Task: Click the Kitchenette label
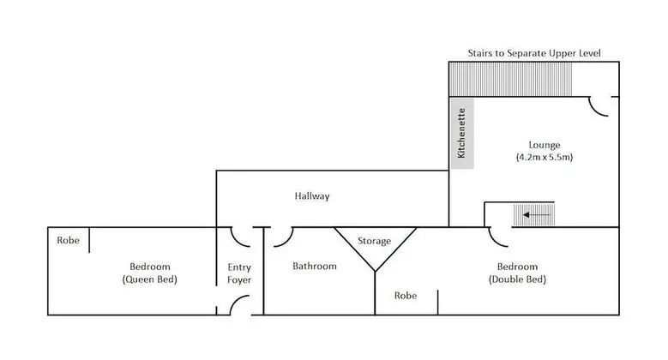tap(461, 133)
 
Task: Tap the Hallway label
tap(312, 196)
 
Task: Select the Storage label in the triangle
tap(374, 241)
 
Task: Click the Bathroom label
tap(315, 267)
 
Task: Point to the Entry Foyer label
tap(239, 273)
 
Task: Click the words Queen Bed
tap(149, 279)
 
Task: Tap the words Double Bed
tap(517, 279)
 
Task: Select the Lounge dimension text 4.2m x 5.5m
tap(545, 157)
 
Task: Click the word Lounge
tap(545, 145)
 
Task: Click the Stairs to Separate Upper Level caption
tap(534, 53)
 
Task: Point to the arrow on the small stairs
tap(537, 215)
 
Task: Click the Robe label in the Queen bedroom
tap(68, 240)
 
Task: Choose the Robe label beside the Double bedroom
tap(406, 296)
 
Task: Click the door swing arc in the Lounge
tap(595, 111)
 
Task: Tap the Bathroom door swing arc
tap(288, 241)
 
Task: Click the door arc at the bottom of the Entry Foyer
tap(235, 301)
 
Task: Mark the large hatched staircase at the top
tap(510, 79)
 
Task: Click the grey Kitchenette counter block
tap(462, 134)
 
